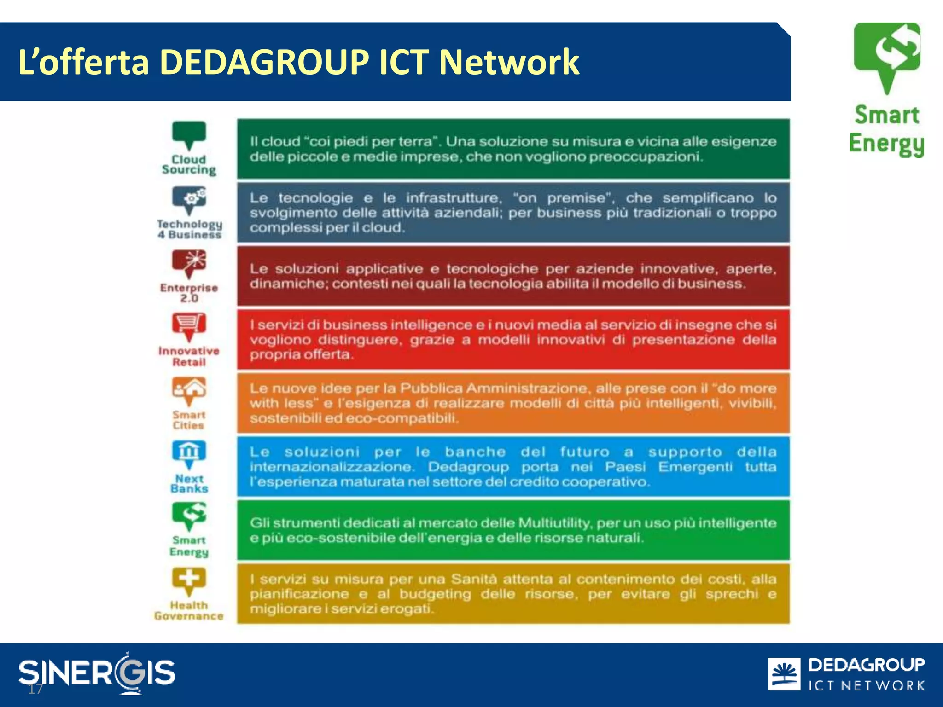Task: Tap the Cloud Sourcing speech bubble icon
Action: [x=189, y=134]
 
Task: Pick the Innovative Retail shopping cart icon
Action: [x=189, y=325]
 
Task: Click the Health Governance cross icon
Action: [x=189, y=580]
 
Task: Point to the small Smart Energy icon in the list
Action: [x=189, y=515]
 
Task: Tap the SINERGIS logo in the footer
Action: [x=97, y=672]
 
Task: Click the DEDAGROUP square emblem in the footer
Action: [x=784, y=674]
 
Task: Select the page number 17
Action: [x=35, y=689]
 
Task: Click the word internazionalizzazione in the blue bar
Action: [x=332, y=467]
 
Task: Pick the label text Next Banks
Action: [x=189, y=484]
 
